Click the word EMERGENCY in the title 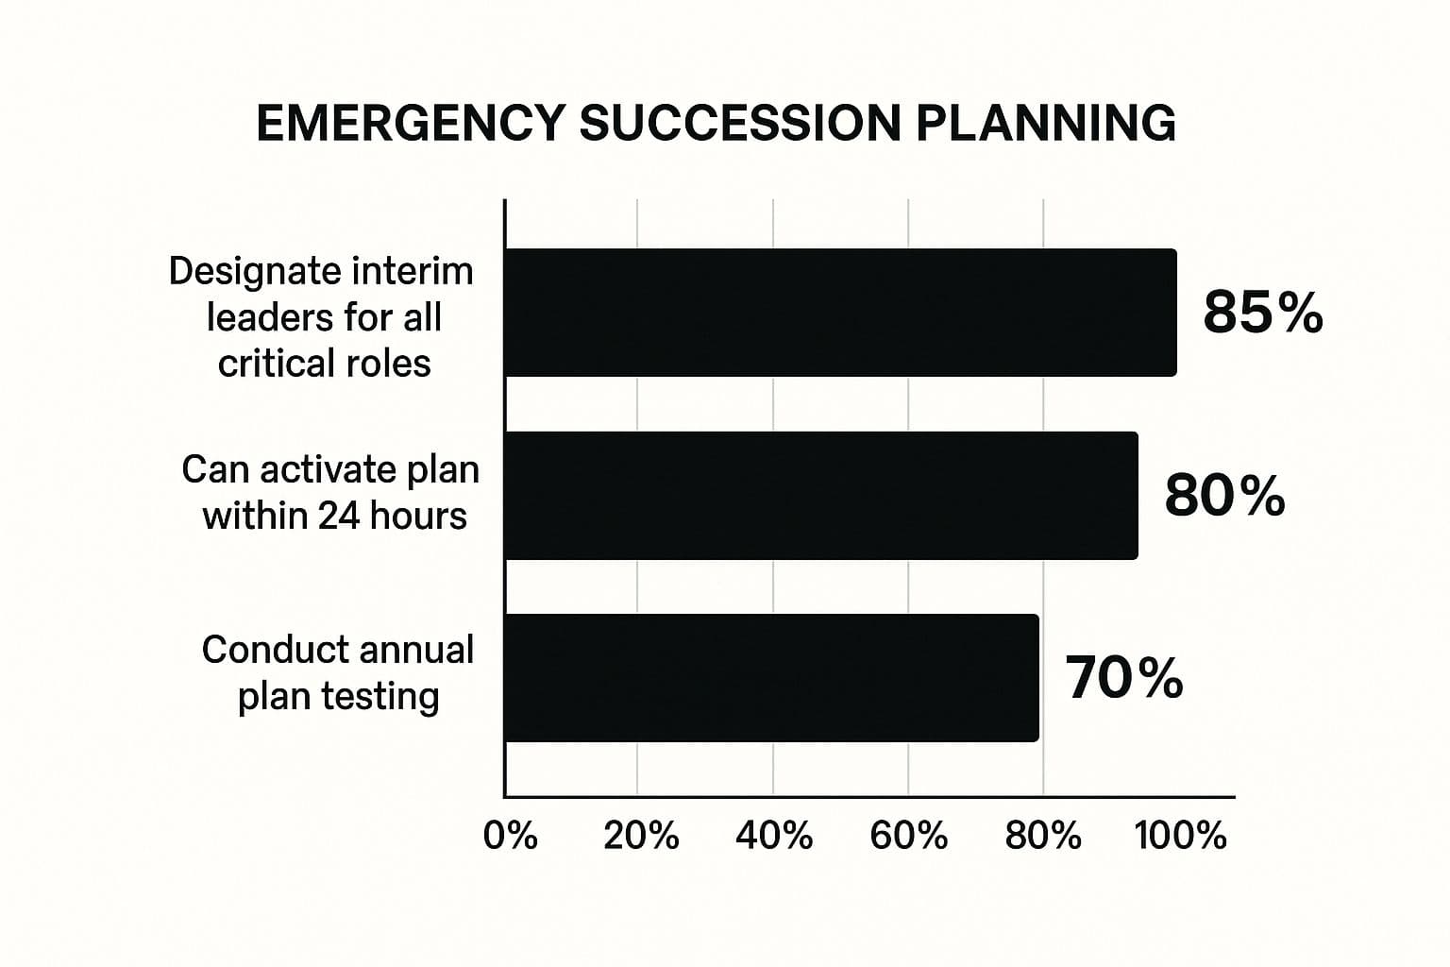coord(410,124)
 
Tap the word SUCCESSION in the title coord(739,124)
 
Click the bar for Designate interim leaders coord(840,313)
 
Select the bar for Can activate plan coord(820,496)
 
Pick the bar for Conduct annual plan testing coord(771,678)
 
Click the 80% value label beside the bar coord(1224,496)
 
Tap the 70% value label coord(1123,678)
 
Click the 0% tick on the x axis coord(510,836)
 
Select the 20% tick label coord(641,836)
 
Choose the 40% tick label coord(774,836)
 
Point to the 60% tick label coord(908,836)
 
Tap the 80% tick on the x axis coord(1043,836)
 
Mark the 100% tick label coord(1181,836)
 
